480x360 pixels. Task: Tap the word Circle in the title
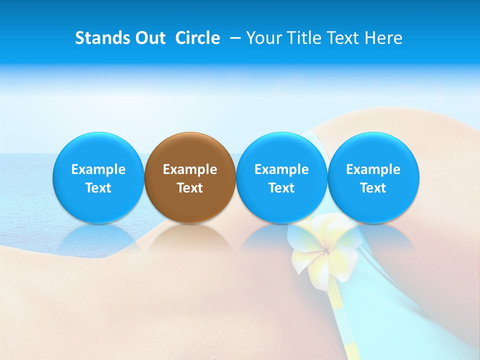[x=197, y=38]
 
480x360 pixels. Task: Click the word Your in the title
[x=263, y=38]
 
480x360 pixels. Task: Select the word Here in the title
[x=384, y=38]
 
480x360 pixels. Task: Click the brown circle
[x=190, y=177]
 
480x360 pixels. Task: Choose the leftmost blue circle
[x=98, y=177]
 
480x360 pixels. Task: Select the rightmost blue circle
[x=373, y=177]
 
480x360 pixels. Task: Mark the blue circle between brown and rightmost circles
[x=281, y=177]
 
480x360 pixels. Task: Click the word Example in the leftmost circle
[x=98, y=169]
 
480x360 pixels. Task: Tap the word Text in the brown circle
[x=190, y=188]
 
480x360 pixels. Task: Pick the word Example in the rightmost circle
[x=373, y=169]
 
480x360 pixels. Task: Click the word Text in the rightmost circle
[x=373, y=188]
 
